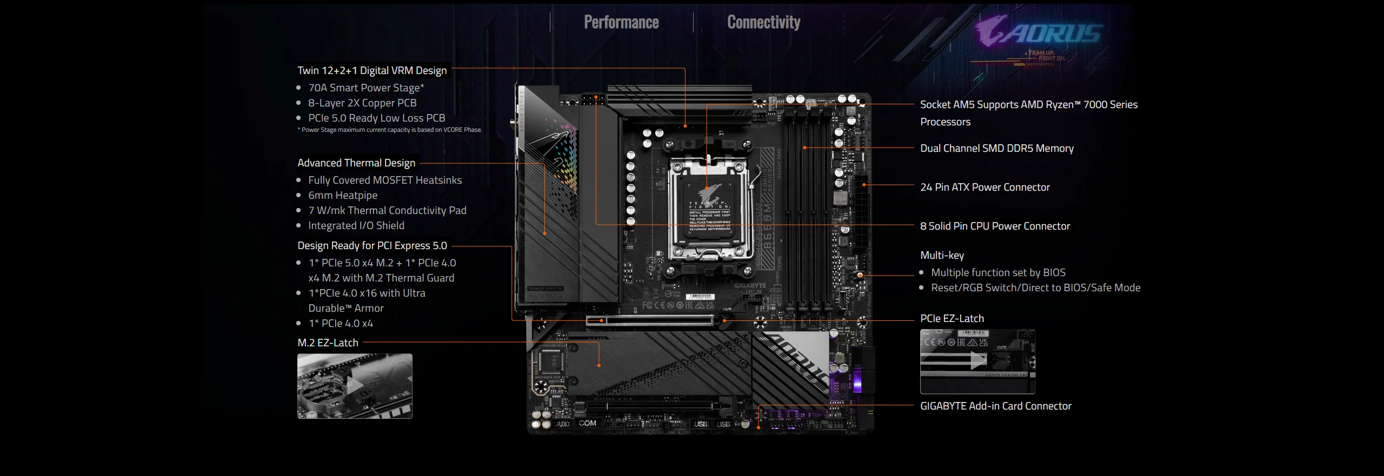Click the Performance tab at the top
[x=621, y=22]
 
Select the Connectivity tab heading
[x=763, y=22]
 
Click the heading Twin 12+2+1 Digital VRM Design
[x=372, y=70]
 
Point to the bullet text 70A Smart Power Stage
[x=366, y=88]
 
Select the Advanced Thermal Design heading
[x=356, y=163]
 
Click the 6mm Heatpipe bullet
[x=343, y=195]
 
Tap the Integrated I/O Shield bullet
[x=356, y=225]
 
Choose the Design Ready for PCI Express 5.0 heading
[x=372, y=245]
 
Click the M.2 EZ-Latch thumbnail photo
[x=355, y=386]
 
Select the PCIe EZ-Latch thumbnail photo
[x=977, y=361]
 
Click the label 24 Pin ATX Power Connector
[x=985, y=187]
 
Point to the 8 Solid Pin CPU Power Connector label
[x=995, y=226]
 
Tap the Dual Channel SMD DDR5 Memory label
[x=997, y=148]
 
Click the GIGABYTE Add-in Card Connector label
[x=995, y=406]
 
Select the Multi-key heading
[x=942, y=255]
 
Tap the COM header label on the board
[x=588, y=423]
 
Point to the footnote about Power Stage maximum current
[x=389, y=130]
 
